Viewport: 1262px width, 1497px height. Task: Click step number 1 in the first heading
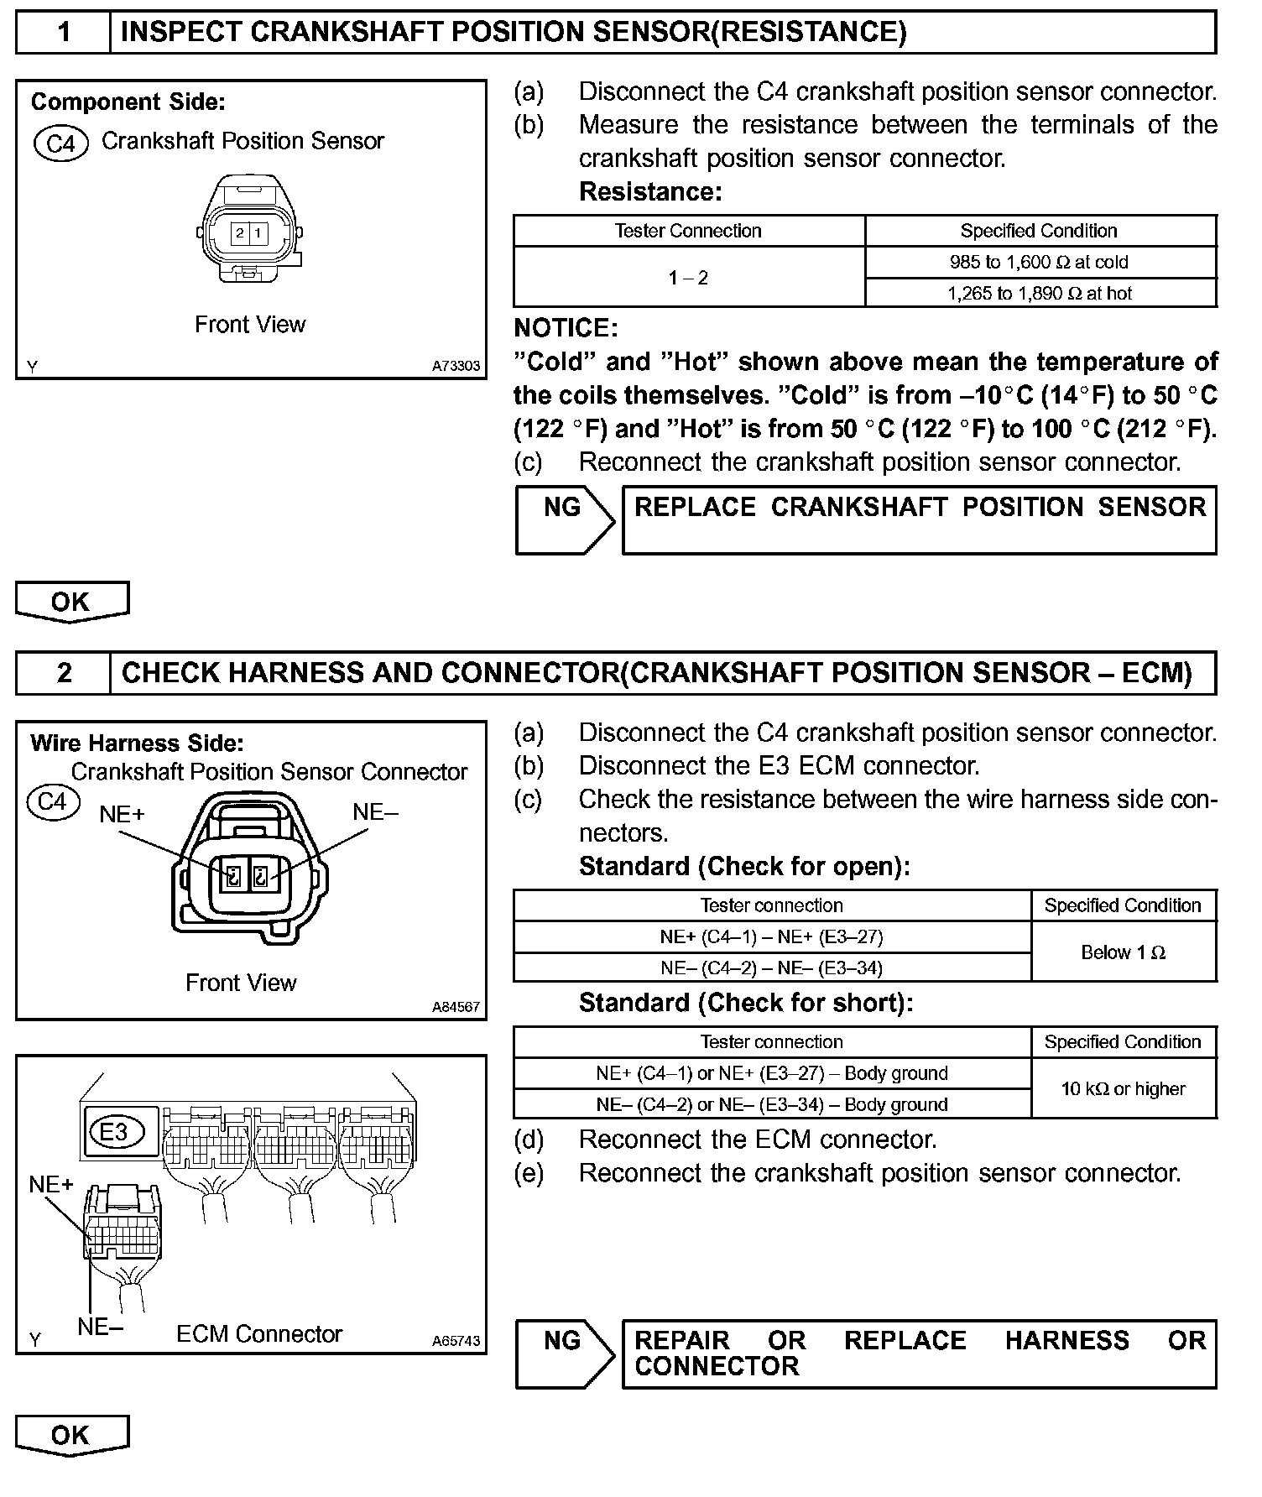(64, 33)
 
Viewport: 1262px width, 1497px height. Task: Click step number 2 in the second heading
(64, 673)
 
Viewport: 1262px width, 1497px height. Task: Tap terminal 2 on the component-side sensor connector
(240, 232)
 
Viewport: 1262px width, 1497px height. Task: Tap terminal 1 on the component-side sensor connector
(258, 232)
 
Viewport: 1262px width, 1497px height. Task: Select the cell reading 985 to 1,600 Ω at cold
(1039, 262)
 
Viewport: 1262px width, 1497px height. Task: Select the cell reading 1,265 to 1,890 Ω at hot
(1039, 294)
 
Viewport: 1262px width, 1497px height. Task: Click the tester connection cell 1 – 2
(688, 278)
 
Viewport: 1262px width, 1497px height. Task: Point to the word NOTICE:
(566, 328)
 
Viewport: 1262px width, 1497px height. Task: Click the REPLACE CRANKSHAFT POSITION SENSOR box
(919, 519)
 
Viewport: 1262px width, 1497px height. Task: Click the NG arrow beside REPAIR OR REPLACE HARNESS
(564, 1354)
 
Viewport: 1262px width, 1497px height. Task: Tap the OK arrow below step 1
(71, 602)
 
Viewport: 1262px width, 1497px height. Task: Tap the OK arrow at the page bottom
(71, 1435)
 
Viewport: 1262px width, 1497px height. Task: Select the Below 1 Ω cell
(1123, 952)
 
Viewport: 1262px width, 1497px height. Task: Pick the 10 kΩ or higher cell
(1123, 1089)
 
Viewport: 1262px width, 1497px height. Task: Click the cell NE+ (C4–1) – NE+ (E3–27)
(771, 936)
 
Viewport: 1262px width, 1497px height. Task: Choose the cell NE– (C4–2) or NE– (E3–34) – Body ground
(771, 1105)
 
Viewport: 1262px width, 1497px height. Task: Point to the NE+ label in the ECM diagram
(51, 1184)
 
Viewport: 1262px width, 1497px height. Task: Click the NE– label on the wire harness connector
(375, 811)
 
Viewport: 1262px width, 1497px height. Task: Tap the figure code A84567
(456, 1007)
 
